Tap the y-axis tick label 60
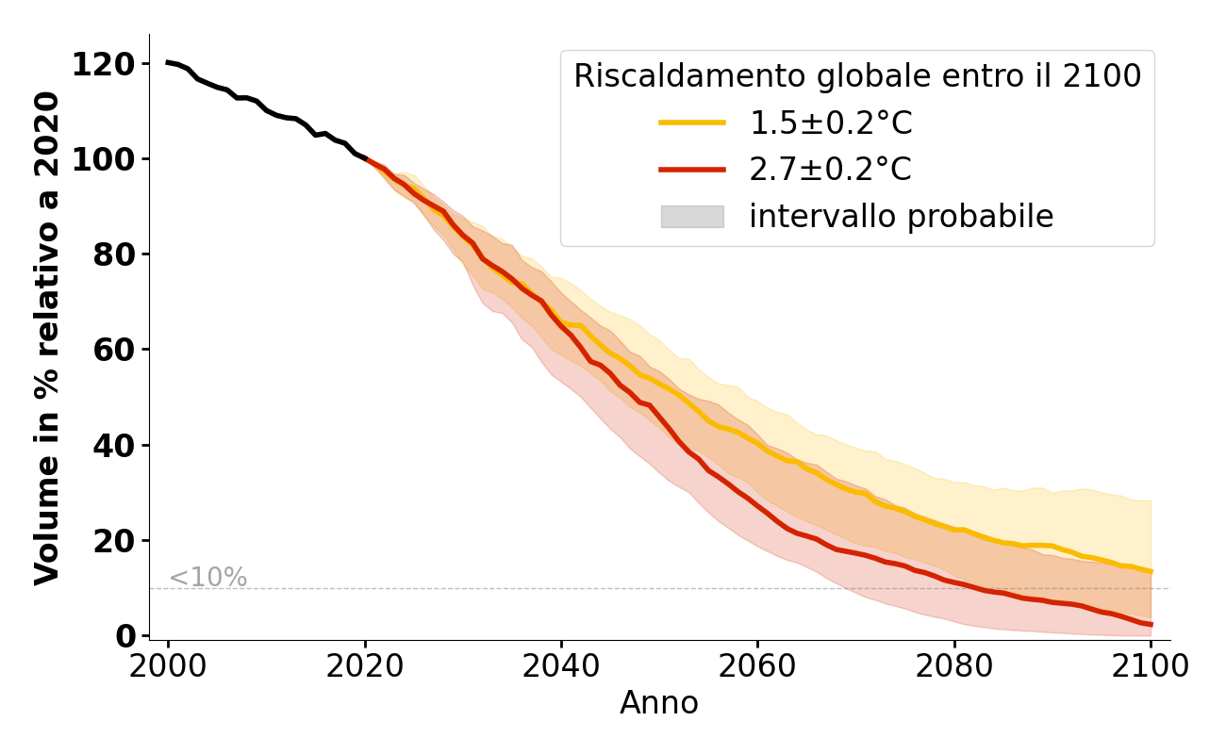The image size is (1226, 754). click(114, 350)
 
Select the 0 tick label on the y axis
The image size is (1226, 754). click(126, 636)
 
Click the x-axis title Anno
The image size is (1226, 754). click(659, 703)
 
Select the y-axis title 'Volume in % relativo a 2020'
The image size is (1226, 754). click(47, 337)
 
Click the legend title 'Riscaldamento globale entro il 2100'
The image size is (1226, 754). click(857, 76)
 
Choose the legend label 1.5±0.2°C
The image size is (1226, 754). click(831, 123)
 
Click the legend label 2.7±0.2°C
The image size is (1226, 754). click(831, 170)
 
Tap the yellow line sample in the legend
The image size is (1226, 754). click(692, 123)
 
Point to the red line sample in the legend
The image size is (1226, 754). click(692, 170)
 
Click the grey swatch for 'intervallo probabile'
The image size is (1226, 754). click(692, 217)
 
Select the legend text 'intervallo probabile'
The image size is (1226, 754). click(901, 217)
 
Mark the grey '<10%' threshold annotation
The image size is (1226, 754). click(207, 578)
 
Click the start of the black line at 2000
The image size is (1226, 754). click(168, 62)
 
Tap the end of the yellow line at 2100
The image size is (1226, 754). click(1151, 571)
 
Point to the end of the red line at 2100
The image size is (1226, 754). click(1151, 624)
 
